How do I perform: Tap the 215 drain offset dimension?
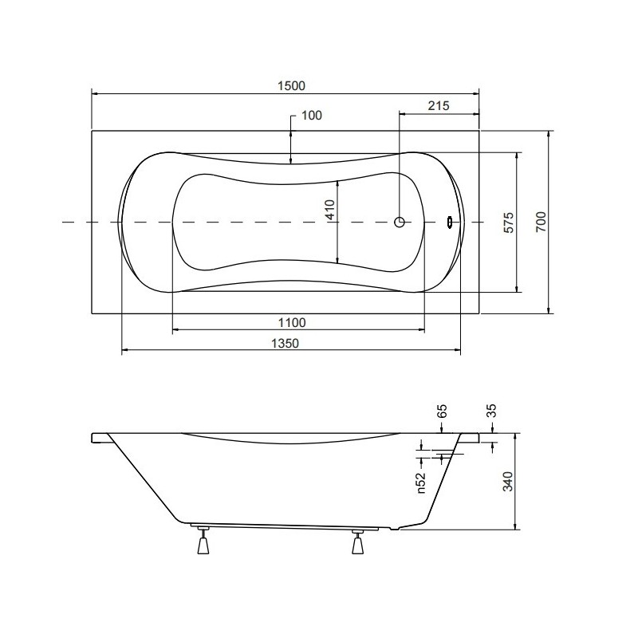click(x=439, y=105)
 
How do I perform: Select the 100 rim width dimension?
click(x=311, y=116)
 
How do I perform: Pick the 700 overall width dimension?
click(x=541, y=223)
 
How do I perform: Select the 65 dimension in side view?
click(x=443, y=412)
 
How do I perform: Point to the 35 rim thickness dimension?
click(x=491, y=412)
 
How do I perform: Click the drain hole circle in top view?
click(x=400, y=223)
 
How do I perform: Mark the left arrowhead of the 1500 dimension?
click(x=96, y=94)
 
